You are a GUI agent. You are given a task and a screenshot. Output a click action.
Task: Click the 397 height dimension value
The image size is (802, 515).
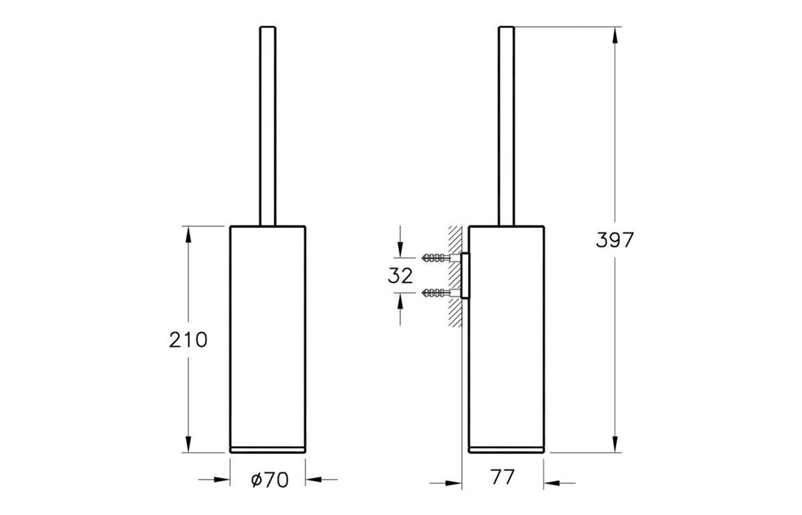click(x=615, y=241)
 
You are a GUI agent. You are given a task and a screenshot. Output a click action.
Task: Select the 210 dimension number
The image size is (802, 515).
click(x=188, y=339)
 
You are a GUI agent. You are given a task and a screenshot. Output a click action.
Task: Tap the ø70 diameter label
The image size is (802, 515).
click(x=268, y=480)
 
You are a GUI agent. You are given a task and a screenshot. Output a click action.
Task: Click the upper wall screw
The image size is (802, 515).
click(x=437, y=257)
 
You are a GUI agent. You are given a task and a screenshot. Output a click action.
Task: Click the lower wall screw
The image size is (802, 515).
click(x=437, y=294)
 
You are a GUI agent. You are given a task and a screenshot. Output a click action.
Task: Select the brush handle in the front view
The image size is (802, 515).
click(x=268, y=125)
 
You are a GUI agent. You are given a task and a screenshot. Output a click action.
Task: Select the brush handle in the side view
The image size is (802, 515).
click(x=506, y=125)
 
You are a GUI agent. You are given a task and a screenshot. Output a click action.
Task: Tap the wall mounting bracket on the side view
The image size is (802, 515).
click(x=465, y=275)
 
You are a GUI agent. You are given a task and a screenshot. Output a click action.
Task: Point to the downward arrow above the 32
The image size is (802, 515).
click(x=399, y=248)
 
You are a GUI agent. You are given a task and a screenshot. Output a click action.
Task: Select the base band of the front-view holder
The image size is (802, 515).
click(x=268, y=449)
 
